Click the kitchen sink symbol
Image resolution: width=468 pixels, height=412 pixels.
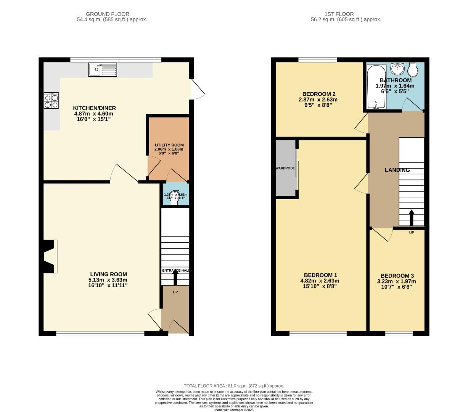pos(103,69)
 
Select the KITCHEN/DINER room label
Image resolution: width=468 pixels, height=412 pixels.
pos(94,108)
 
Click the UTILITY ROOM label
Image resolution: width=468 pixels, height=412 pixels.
pos(169,145)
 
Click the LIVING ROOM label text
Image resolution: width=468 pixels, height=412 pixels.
pos(108,274)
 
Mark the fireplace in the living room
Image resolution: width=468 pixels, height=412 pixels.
pos(50,256)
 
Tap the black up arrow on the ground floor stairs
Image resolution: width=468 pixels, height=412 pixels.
pos(175,277)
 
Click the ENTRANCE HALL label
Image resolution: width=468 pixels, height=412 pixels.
pos(175,270)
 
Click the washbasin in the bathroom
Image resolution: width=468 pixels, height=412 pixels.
pos(399,69)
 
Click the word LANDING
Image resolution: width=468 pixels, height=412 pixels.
pos(397,170)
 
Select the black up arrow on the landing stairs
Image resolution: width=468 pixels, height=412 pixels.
pos(411,217)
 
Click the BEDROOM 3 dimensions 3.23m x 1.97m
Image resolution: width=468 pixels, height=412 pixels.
pos(397,282)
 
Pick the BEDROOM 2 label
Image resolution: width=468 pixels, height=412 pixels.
pos(318,94)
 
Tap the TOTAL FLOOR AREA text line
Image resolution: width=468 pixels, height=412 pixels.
pos(234,386)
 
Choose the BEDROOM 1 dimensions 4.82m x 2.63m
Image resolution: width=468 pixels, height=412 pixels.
pos(320,281)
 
